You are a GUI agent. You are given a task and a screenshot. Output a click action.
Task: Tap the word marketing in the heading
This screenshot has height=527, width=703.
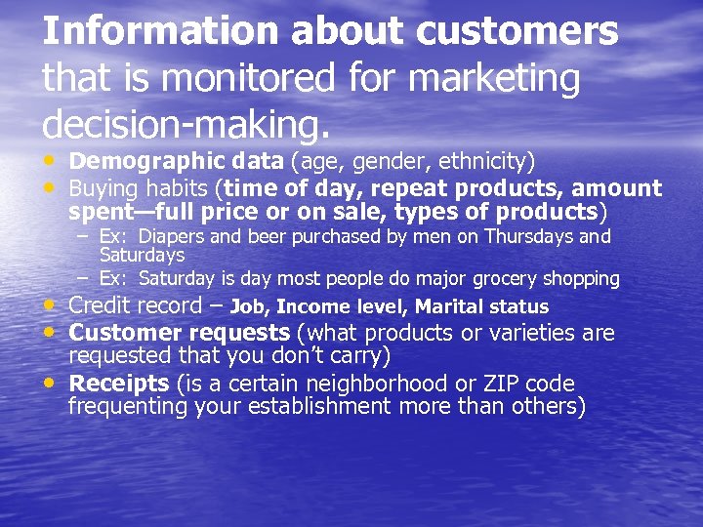point(497,78)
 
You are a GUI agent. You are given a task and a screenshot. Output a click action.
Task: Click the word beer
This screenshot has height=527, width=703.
point(264,237)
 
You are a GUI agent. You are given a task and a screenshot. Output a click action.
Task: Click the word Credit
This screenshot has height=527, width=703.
point(105,305)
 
